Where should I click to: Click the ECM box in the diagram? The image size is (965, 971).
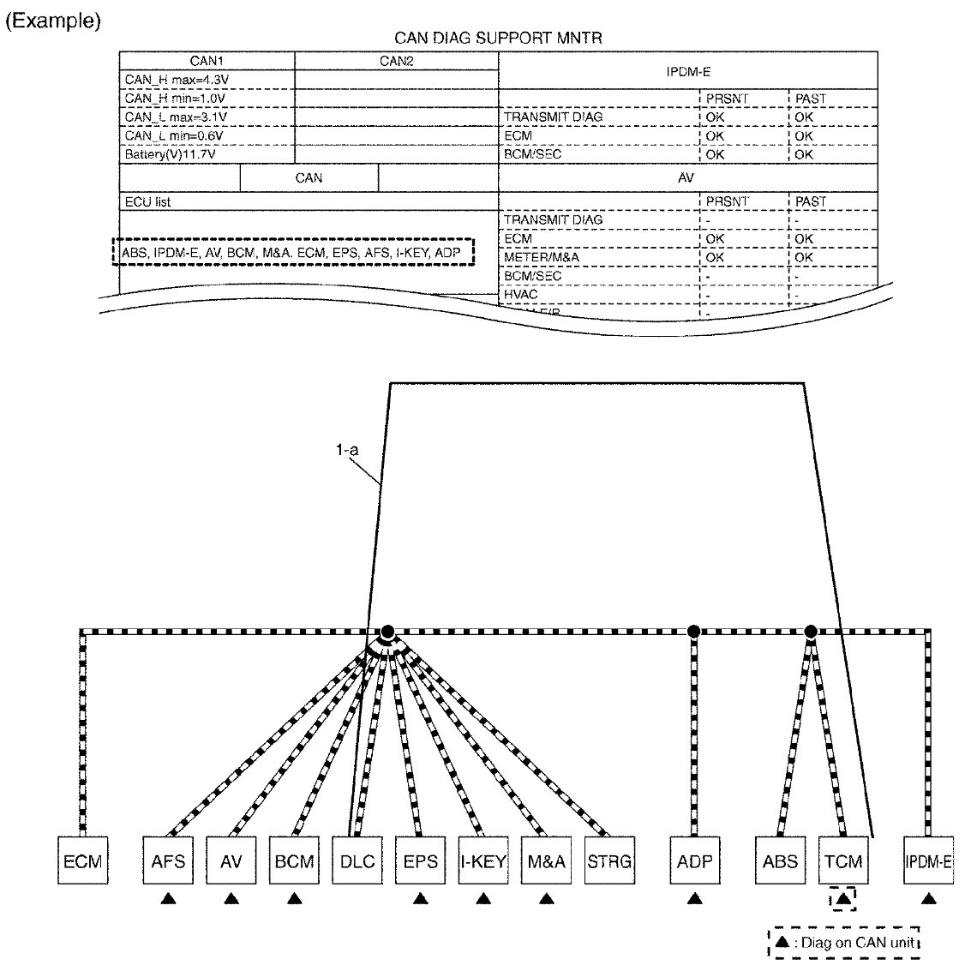coord(82,860)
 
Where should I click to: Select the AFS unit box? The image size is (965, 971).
coord(168,860)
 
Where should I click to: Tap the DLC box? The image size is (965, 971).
coord(357,860)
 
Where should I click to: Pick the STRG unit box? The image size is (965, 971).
coord(609,860)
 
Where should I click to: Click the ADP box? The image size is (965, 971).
coord(694,860)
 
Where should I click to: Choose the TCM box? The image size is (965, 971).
coord(843,860)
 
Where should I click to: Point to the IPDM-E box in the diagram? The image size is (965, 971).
coord(928,860)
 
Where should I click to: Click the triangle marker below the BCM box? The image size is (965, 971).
coord(294,899)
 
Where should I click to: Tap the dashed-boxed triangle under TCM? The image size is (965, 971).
coord(843,899)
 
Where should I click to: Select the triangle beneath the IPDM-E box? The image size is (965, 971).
coord(928,899)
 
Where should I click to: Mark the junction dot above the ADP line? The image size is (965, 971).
coord(694,632)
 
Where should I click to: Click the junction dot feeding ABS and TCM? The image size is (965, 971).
coord(811,632)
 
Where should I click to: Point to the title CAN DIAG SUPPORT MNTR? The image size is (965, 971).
coord(498,38)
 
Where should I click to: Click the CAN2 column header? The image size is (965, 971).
coord(396,61)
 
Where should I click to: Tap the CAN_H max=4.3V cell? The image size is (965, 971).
coord(177,80)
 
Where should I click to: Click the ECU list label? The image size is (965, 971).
coord(148,202)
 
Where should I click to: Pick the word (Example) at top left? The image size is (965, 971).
coord(53,21)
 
